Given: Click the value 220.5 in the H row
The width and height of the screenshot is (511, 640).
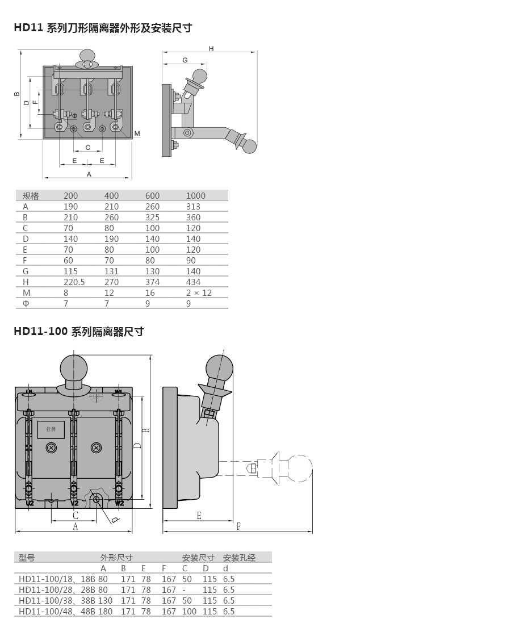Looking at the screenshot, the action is coord(74,282).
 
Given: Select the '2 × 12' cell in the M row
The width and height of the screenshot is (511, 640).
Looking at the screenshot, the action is coord(199,292).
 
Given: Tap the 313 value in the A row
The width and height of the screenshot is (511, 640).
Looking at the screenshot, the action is coord(193,207).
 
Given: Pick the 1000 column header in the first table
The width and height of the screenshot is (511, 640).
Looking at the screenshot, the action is coord(195,196).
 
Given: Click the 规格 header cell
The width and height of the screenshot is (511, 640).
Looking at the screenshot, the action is coord(31,196).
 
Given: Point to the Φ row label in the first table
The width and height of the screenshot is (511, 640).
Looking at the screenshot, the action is coord(26,304).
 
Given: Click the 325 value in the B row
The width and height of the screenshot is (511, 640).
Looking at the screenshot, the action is coord(152,217).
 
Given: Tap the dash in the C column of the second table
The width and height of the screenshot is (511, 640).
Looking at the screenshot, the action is coord(183,590).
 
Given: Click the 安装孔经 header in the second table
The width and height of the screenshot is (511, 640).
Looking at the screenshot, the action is coord(239,558).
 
